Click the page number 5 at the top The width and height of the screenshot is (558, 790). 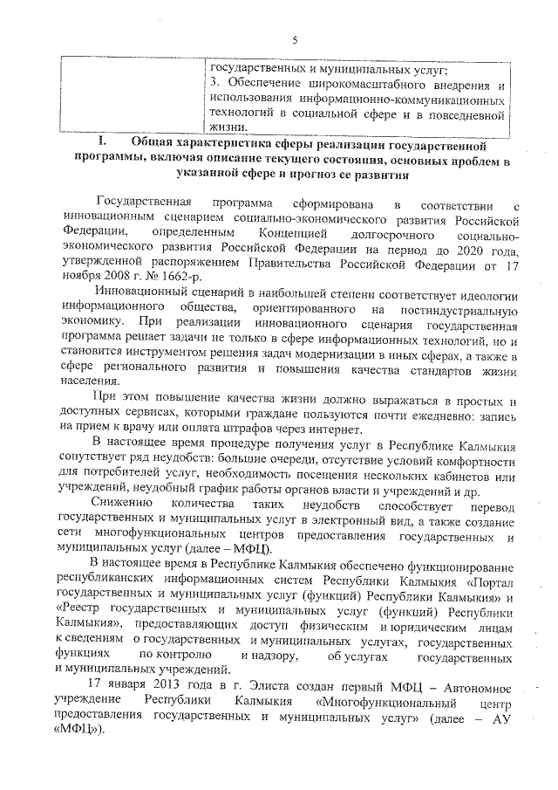pos(295,39)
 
